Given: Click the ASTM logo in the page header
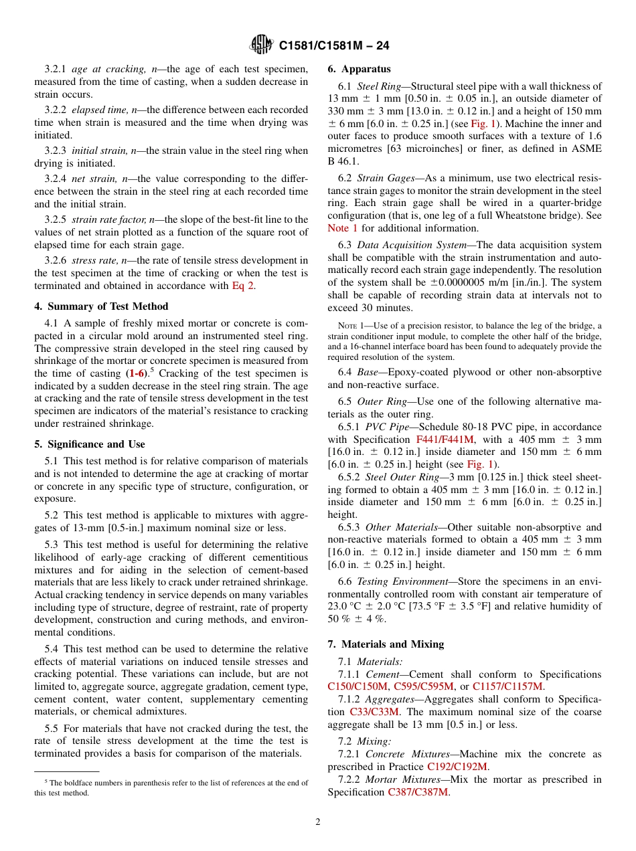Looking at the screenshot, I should tap(261, 45).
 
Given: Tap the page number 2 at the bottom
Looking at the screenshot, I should tap(318, 822).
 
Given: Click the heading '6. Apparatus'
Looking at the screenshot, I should tap(359, 69).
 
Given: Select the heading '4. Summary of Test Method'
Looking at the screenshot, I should tap(101, 306).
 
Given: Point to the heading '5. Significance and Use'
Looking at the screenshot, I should tap(90, 444).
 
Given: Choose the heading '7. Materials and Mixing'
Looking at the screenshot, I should tap(386, 644).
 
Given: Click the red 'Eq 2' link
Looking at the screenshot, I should tap(243, 286).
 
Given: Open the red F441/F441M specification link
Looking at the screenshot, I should tap(445, 440).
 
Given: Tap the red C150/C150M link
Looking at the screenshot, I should tap(357, 686).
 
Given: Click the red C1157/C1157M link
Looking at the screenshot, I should tap(507, 686).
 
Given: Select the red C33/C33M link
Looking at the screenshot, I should tap(374, 712).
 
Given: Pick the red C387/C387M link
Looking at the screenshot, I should tap(418, 792).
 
